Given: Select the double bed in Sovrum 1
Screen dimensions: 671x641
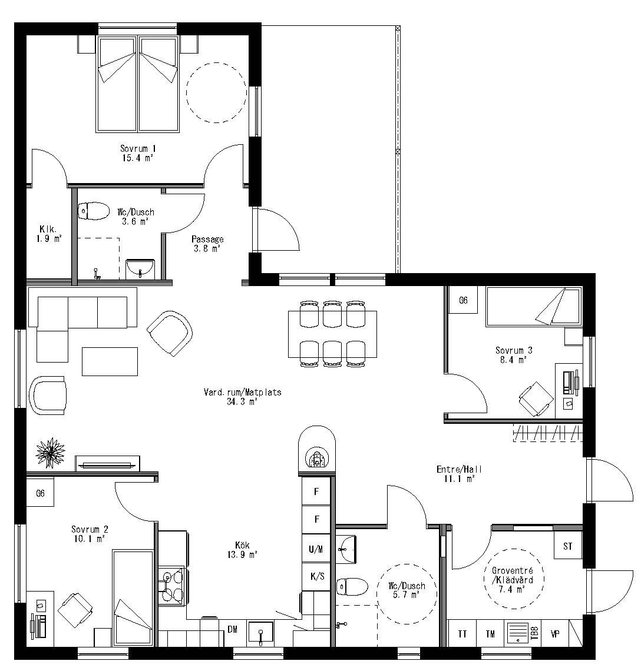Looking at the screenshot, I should click(138, 84).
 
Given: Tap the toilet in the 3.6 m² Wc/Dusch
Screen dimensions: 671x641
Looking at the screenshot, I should click(94, 210).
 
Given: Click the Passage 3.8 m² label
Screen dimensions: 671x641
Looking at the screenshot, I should click(207, 244).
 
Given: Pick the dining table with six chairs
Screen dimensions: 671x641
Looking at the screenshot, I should click(332, 334).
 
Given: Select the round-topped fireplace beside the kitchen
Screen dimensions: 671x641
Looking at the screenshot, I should click(317, 449).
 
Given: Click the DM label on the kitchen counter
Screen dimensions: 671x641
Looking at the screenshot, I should click(233, 629).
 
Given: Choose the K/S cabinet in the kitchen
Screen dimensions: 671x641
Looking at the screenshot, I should click(317, 576).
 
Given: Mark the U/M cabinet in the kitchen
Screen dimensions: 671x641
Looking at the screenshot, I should click(317, 549).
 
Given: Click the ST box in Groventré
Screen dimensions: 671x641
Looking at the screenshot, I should click(567, 546).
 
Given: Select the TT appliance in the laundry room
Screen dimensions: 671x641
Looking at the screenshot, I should click(462, 634).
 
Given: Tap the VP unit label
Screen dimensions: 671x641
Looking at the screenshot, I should click(554, 634).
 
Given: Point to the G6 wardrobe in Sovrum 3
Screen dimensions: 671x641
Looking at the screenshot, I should click(463, 300).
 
